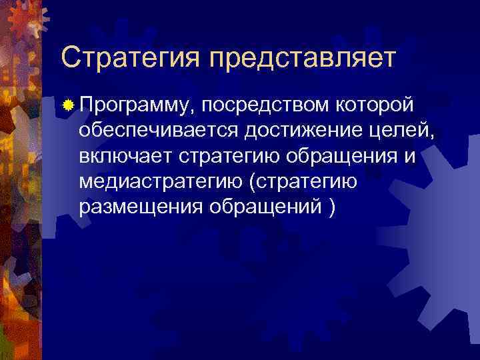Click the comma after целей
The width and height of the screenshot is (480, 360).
434,135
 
